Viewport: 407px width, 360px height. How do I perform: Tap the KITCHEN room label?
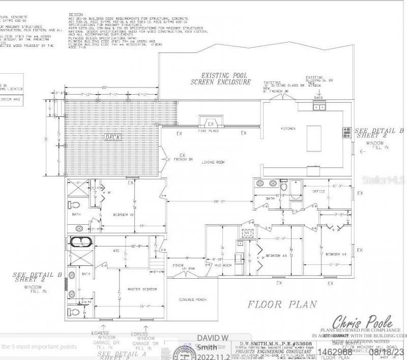[x=288, y=129]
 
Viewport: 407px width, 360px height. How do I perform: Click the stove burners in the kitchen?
[x=347, y=132]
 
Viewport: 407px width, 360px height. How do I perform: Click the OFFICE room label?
[x=311, y=191]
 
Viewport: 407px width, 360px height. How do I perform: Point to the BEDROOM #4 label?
[x=336, y=254]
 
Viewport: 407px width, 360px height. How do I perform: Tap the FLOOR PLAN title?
[x=282, y=305]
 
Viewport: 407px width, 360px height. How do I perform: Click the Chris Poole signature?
[x=362, y=321]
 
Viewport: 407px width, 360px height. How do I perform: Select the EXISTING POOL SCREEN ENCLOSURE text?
[x=220, y=79]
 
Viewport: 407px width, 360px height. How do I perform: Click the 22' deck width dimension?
[x=103, y=88]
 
